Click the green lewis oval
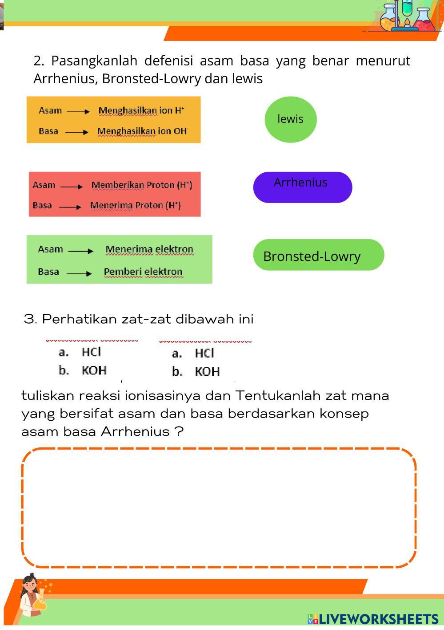click(x=290, y=119)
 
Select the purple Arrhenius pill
click(x=302, y=187)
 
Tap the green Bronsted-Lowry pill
click(x=318, y=255)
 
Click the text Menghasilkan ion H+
click(x=141, y=110)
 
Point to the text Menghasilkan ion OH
click(x=142, y=131)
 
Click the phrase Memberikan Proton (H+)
click(x=142, y=185)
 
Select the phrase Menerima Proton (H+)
click(x=136, y=205)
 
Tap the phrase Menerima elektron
click(x=149, y=249)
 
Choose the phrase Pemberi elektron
click(x=143, y=272)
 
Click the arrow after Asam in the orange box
click(x=78, y=111)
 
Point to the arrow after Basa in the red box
click(x=70, y=207)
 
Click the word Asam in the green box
click(x=50, y=249)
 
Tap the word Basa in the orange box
click(x=48, y=131)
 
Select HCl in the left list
click(x=92, y=352)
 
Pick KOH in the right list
click(x=207, y=371)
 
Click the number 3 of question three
click(x=29, y=319)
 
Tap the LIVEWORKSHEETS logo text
click(x=378, y=619)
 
